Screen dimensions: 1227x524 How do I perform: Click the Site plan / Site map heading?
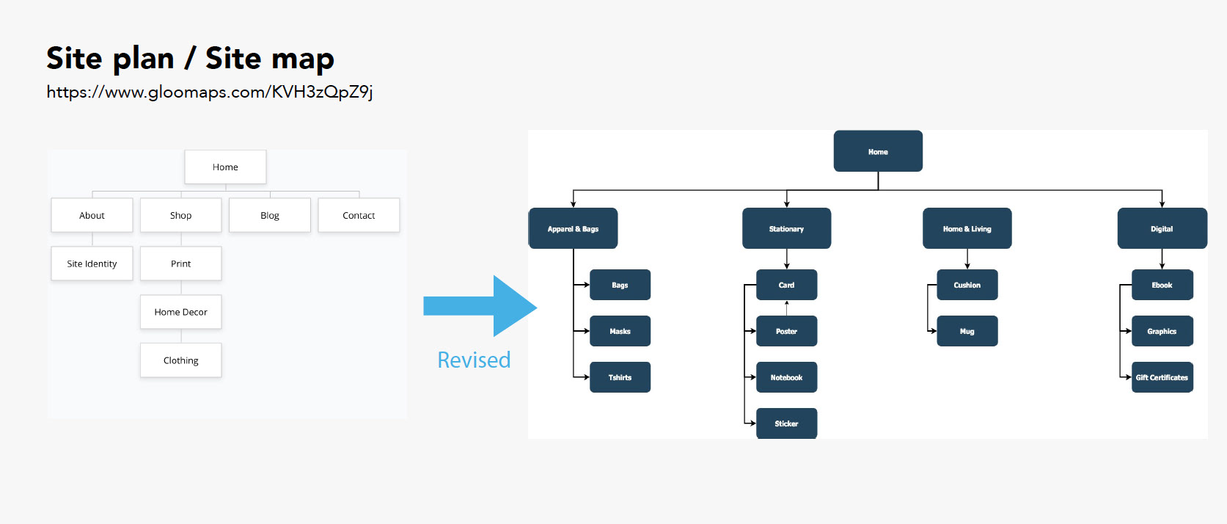pos(190,58)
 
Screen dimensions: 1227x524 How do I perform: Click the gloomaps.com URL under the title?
pos(209,92)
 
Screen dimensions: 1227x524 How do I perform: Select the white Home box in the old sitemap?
pos(225,167)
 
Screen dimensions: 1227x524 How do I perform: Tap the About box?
pos(92,215)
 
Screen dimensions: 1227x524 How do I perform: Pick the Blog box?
pos(269,215)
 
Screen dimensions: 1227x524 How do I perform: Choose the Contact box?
pos(359,215)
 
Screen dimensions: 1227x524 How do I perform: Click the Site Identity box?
pos(92,263)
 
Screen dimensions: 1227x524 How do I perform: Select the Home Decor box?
pos(180,312)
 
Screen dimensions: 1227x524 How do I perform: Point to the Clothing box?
pos(180,360)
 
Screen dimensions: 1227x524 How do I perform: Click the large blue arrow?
pos(480,306)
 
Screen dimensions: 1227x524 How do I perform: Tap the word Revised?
pos(474,360)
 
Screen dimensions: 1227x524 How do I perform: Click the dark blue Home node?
pos(878,151)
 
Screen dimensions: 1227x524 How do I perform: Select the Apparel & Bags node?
pos(573,228)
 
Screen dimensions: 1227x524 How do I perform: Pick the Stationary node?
pos(787,228)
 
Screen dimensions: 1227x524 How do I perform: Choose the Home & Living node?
pos(967,228)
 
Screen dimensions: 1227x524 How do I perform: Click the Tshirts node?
pos(620,377)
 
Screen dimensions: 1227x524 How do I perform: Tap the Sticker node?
pos(787,423)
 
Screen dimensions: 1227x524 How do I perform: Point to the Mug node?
pos(967,331)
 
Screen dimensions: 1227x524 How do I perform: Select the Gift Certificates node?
pos(1162,377)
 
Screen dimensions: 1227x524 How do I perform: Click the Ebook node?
pos(1162,285)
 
